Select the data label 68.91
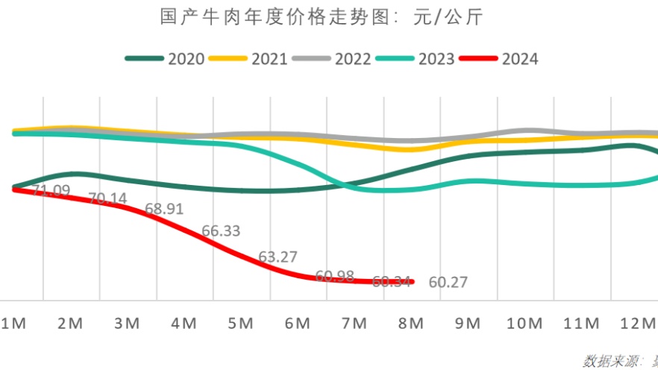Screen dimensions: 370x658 164,210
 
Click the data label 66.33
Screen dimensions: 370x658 221,231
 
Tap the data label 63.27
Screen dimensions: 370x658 278,257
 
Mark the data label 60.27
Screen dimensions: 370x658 448,283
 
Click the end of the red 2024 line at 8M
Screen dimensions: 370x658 411,282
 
